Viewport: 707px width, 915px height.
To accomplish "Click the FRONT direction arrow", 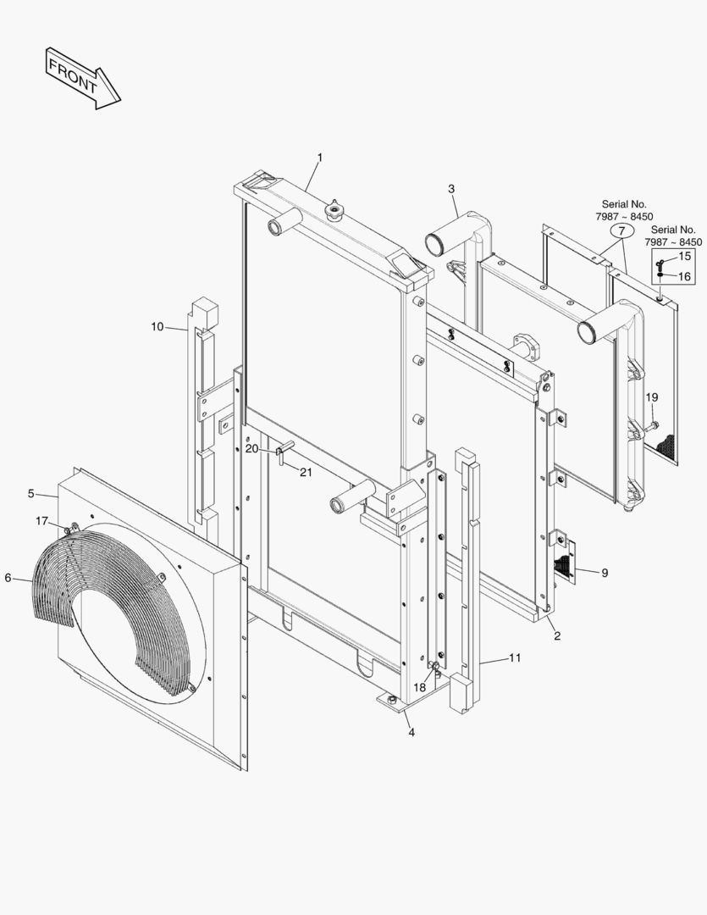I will [83, 78].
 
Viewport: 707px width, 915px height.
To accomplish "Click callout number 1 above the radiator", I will [320, 158].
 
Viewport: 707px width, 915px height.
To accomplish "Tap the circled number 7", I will [621, 230].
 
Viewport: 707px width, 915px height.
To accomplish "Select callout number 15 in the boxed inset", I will [685, 256].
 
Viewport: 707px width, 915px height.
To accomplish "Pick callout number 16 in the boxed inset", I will [685, 276].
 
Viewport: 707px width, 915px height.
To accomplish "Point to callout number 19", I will [651, 397].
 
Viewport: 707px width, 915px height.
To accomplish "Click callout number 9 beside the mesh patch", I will [605, 574].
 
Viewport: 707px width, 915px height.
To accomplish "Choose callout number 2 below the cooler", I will [556, 635].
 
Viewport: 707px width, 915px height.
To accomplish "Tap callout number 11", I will [515, 657].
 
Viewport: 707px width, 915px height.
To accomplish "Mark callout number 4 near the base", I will [411, 732].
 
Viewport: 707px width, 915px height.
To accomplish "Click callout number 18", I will [420, 687].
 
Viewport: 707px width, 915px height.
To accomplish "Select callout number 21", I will [306, 472].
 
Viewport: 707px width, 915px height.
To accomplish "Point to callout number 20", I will [251, 448].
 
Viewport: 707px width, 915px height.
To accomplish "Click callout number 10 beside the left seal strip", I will [157, 327].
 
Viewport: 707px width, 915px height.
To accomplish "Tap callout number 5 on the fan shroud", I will [31, 493].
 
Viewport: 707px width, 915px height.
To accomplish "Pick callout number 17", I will [41, 520].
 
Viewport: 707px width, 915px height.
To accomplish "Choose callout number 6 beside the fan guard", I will [8, 578].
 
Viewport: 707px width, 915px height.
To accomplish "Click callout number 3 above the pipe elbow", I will [451, 188].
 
